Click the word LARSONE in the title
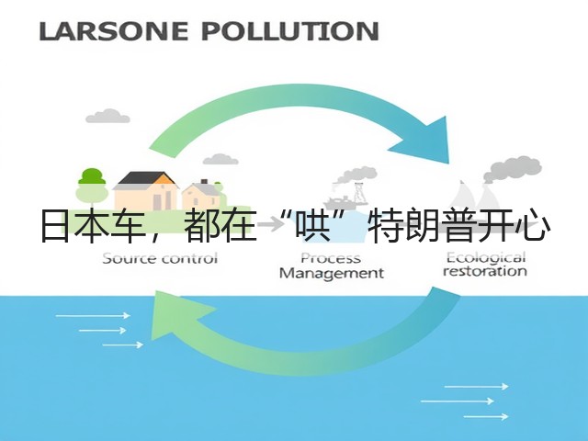pyautogui.click(x=113, y=31)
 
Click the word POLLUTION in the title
pyautogui.click(x=290, y=31)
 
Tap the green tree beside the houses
pyautogui.click(x=92, y=186)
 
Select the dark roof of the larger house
pyautogui.click(x=145, y=178)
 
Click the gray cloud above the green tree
pyautogui.click(x=107, y=117)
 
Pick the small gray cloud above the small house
pyautogui.click(x=220, y=160)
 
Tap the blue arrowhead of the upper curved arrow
pyautogui.click(x=425, y=142)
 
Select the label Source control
pyautogui.click(x=160, y=259)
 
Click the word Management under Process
pyautogui.click(x=332, y=274)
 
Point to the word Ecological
pyautogui.click(x=486, y=258)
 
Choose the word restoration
pyautogui.click(x=484, y=271)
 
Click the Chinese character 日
pyautogui.click(x=55, y=226)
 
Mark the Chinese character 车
pyautogui.click(x=128, y=226)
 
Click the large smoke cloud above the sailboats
pyautogui.click(x=513, y=169)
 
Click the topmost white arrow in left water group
pyautogui.click(x=93, y=316)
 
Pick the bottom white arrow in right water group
pyautogui.click(x=486, y=416)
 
